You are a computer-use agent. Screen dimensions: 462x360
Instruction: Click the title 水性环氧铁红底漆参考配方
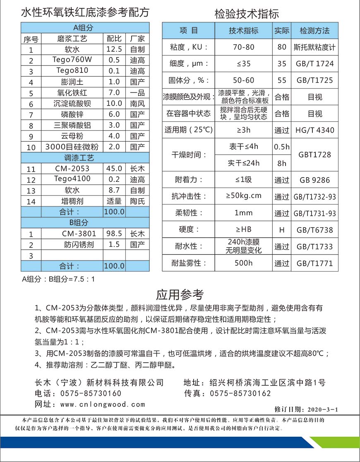(85, 12)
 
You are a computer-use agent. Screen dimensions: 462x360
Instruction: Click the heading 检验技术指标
(247, 14)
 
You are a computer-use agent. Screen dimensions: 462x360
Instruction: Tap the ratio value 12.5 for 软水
(114, 49)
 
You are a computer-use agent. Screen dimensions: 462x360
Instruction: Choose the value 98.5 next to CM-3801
(114, 233)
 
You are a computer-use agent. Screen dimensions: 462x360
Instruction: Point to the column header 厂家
(137, 39)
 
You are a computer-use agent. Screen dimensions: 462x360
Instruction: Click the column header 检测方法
(314, 31)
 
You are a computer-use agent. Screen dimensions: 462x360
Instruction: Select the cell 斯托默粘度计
(314, 47)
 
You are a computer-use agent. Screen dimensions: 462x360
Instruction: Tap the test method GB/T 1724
(314, 64)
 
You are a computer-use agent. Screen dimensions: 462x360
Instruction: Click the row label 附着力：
(189, 180)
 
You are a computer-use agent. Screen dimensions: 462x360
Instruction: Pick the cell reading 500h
(243, 263)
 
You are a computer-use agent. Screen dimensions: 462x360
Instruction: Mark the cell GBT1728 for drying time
(314, 155)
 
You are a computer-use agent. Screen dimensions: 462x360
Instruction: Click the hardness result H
(282, 230)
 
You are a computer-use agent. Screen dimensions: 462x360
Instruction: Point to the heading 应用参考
(180, 295)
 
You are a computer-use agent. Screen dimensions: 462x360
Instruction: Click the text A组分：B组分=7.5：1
(58, 279)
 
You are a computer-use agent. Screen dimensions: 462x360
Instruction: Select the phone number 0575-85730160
(91, 393)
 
